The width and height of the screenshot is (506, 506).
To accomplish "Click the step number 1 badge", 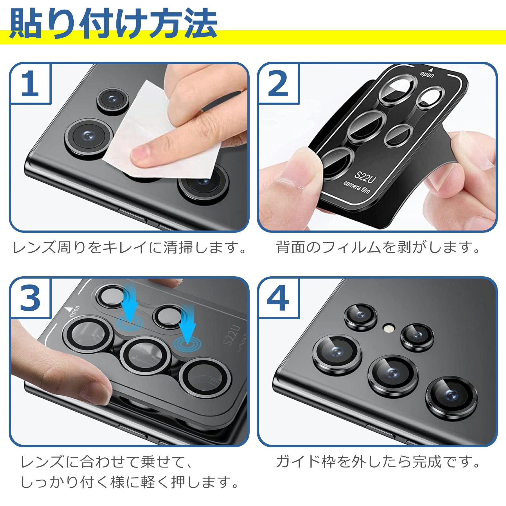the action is click(30, 84).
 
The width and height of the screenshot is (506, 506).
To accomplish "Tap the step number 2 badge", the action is click(278, 84).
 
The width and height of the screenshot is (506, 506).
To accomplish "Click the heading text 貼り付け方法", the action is click(114, 24).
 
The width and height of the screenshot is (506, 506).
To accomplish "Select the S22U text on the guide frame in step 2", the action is click(365, 177).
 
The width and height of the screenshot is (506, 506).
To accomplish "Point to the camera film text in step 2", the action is click(356, 187).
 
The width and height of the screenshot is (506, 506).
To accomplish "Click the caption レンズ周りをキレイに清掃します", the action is click(129, 247).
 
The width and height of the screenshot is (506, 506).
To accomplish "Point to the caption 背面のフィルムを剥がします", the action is click(378, 247).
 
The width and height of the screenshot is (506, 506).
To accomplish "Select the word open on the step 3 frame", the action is click(74, 311).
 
